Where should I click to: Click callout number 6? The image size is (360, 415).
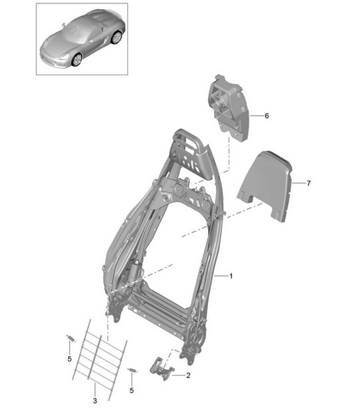point(267,116)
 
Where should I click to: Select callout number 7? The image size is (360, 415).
point(308,183)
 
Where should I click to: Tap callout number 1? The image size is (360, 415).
point(231,276)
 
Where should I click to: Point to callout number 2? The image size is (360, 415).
point(188,375)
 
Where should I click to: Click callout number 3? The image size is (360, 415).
point(95,400)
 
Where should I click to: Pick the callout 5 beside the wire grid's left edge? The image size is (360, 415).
point(69,359)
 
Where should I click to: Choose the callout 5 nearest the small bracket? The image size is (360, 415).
point(131,390)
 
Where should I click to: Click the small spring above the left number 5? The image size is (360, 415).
point(71,338)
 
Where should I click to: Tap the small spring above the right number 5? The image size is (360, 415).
point(132,370)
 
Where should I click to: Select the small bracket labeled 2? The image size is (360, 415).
point(161,368)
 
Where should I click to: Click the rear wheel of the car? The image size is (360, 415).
point(116,37)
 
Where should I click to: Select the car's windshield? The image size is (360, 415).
point(77,33)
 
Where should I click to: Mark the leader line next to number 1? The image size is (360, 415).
point(221,276)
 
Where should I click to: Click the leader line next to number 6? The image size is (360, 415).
point(256,116)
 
